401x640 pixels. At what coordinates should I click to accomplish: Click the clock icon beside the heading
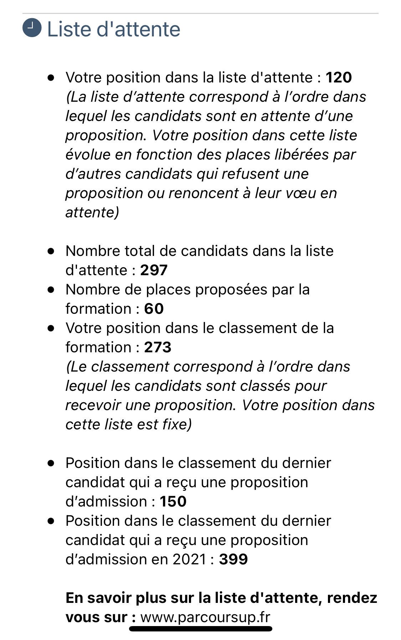[32, 28]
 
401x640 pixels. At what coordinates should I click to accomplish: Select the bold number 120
[339, 77]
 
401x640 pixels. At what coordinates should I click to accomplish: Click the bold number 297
[154, 270]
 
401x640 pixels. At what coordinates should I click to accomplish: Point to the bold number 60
[154, 309]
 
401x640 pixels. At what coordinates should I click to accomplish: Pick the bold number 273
[158, 347]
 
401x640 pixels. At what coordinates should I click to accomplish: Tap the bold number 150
[173, 502]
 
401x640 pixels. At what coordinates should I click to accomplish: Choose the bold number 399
[233, 559]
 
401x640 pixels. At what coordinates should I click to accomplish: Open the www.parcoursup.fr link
[205, 617]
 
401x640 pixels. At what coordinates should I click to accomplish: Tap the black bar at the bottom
[201, 628]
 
